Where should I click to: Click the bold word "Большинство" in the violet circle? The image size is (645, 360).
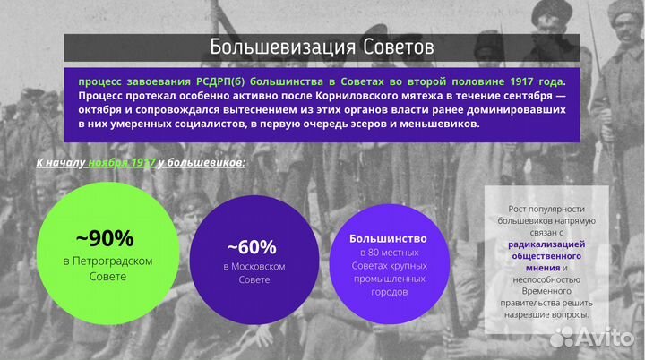[387, 239]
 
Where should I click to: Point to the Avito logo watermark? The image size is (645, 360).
[594, 336]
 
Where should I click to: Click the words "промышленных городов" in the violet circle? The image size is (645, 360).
[387, 285]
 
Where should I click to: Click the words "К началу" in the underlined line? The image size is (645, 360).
[60, 164]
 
